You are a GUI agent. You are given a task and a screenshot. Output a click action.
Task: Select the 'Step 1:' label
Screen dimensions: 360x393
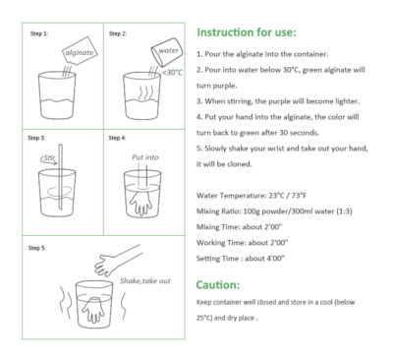click(37, 33)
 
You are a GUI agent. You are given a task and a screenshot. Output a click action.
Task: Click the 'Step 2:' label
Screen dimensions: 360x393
click(119, 33)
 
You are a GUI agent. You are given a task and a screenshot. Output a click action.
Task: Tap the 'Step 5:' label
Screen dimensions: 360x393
click(37, 246)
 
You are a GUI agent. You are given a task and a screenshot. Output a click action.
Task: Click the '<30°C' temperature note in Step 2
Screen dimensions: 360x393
click(172, 72)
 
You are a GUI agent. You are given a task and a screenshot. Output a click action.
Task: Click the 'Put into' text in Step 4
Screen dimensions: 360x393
click(145, 155)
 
